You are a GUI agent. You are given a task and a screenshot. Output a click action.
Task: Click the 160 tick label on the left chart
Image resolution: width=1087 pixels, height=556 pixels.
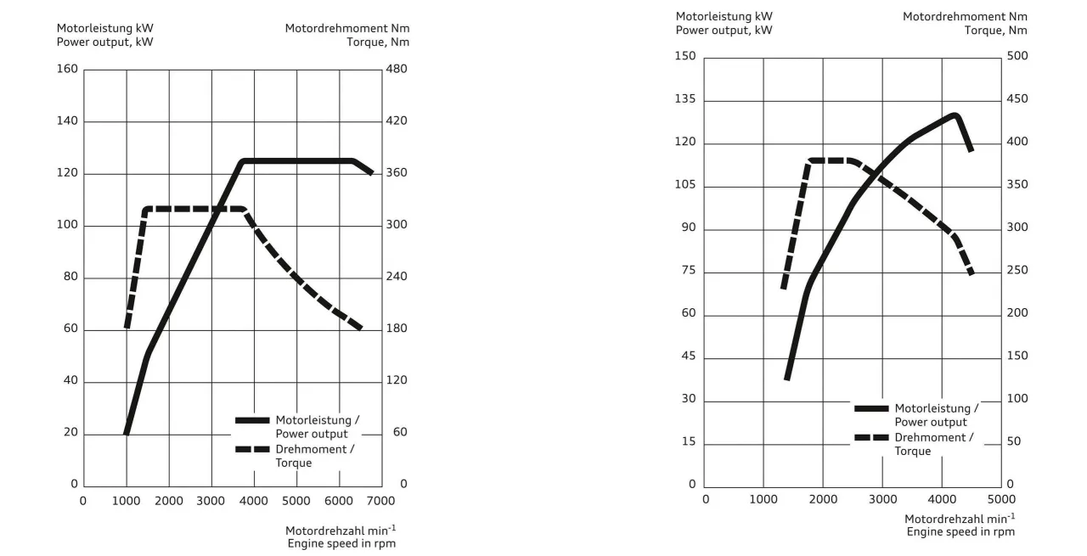click(67, 69)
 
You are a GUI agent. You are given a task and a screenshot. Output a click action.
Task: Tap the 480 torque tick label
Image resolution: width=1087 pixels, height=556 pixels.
click(397, 69)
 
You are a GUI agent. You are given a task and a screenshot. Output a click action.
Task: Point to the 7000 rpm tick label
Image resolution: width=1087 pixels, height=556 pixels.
click(381, 501)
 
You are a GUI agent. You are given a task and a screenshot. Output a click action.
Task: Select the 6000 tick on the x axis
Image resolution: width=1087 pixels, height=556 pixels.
click(339, 501)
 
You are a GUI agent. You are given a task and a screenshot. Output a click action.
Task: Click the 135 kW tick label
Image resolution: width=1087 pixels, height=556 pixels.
click(685, 99)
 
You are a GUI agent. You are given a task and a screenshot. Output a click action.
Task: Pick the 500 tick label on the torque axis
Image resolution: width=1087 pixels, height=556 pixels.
click(1017, 56)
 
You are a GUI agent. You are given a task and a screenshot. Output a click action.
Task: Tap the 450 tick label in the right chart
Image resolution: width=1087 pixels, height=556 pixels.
click(1017, 99)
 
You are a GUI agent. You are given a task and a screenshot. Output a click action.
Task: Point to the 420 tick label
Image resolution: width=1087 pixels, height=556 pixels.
click(397, 121)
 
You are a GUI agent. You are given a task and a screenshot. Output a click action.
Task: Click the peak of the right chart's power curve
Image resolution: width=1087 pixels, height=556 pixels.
click(955, 115)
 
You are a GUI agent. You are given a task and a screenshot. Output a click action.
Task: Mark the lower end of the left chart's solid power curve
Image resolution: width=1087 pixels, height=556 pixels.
click(127, 433)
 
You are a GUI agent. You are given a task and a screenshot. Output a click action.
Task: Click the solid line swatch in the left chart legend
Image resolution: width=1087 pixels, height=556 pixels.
click(252, 420)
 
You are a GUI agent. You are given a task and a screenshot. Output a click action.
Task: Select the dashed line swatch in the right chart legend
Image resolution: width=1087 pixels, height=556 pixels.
click(871, 437)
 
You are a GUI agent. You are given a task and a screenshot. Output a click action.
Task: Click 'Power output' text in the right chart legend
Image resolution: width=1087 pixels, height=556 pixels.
click(931, 422)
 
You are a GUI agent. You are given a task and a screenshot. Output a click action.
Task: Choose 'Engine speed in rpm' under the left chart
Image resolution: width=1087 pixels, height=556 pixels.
click(341, 543)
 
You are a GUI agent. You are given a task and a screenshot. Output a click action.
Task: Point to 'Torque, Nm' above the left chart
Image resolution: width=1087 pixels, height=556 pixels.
click(378, 42)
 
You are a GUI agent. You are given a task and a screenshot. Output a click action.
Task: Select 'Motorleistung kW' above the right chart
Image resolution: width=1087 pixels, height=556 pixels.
click(724, 16)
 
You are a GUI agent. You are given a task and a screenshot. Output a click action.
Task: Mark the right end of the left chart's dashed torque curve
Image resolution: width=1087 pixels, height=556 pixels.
click(361, 329)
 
